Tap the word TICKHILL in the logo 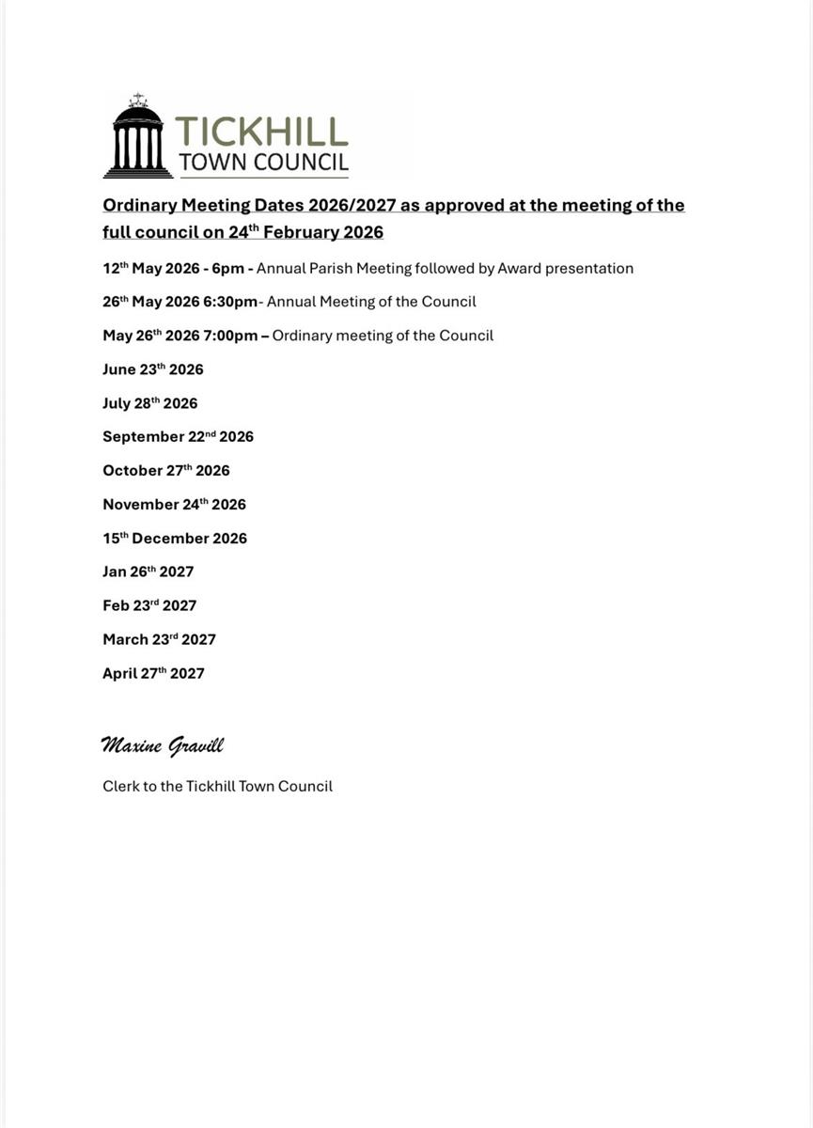point(261,132)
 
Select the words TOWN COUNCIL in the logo point(263,163)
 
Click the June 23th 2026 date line point(153,369)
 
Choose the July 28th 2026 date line point(150,403)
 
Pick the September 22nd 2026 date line point(178,437)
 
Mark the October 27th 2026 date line point(166,471)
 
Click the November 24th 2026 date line point(174,505)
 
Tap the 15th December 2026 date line point(175,539)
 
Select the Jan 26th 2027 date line point(149,572)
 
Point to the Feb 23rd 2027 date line point(149,605)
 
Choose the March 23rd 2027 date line point(159,639)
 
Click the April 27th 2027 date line point(153,673)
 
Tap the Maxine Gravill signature point(162,746)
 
